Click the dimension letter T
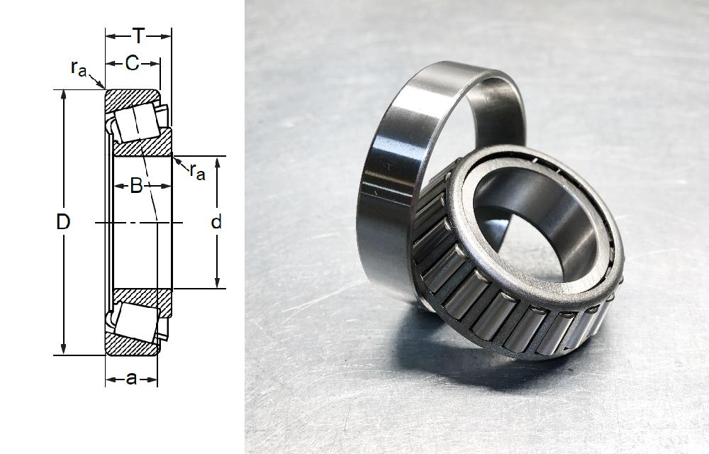click(138, 35)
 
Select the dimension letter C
click(132, 64)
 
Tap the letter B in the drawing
click(137, 186)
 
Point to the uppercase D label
click(63, 222)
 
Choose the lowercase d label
click(217, 222)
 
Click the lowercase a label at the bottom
click(131, 379)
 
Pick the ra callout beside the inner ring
click(196, 170)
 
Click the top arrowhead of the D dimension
click(64, 94)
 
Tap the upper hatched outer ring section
click(131, 98)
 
